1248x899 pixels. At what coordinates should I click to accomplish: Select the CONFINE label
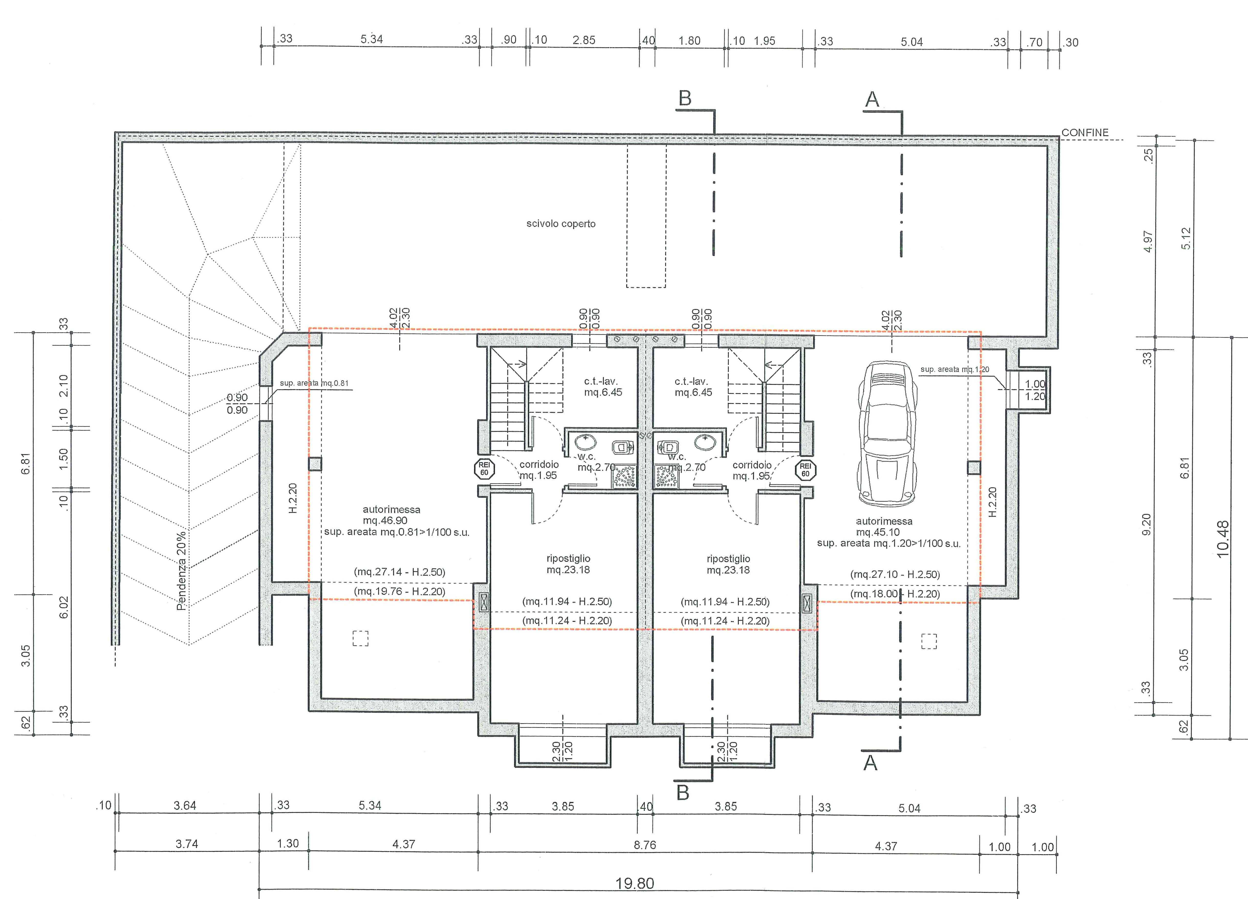pos(1085,133)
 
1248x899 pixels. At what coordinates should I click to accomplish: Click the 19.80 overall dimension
pos(634,884)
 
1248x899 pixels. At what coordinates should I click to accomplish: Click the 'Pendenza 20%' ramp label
pos(181,570)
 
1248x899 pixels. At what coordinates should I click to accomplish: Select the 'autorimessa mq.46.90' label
pos(391,515)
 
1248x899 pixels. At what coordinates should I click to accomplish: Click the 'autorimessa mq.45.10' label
pos(884,526)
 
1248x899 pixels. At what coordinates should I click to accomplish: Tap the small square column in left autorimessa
pos(315,464)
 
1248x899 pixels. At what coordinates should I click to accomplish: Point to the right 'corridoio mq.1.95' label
pos(752,471)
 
